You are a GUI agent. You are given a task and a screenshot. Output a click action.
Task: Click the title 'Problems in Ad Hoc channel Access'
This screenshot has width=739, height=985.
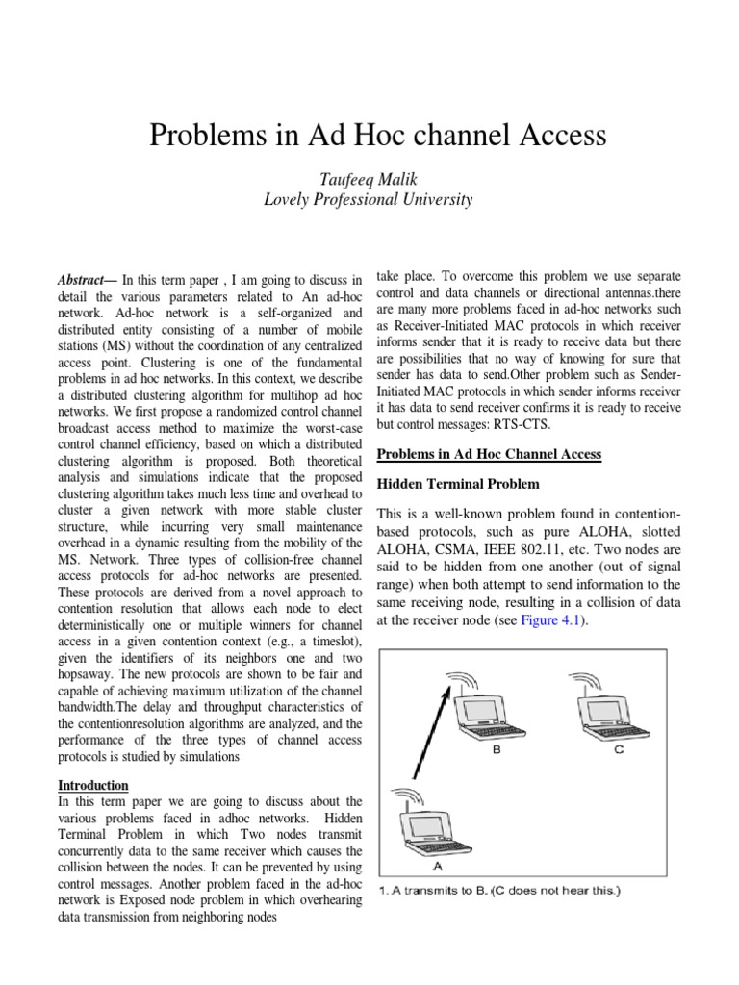click(x=378, y=136)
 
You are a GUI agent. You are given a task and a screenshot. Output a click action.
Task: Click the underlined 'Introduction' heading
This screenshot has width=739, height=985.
click(x=93, y=785)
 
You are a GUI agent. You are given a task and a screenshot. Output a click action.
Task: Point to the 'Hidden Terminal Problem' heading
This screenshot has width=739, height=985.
click(x=457, y=483)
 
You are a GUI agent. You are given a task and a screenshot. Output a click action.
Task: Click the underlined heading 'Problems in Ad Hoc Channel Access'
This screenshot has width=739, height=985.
click(x=488, y=454)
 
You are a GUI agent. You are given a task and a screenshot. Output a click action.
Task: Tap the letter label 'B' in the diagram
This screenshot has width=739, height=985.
click(x=497, y=751)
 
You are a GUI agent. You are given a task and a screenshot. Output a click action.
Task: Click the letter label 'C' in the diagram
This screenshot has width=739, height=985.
click(x=619, y=751)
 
